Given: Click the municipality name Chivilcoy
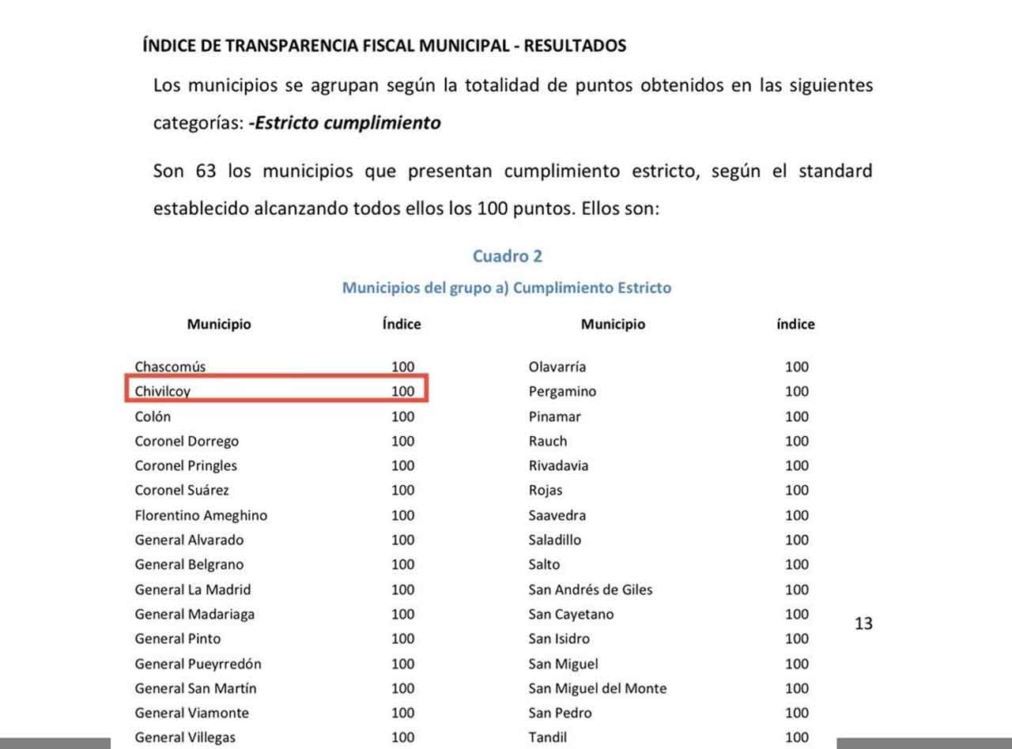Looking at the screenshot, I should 162,391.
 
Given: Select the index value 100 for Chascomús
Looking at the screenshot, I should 402,367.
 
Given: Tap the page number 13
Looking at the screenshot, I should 863,623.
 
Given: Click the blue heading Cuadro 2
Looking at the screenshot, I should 508,256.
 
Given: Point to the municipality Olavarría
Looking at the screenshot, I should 557,367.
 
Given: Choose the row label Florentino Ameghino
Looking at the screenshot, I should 201,515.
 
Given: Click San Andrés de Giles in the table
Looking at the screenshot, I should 591,589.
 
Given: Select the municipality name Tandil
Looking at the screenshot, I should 548,737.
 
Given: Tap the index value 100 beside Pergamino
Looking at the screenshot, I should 797,391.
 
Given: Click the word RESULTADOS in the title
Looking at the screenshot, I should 575,46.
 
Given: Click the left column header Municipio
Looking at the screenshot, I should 219,324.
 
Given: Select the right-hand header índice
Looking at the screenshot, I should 795,324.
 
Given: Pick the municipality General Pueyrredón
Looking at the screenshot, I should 198,664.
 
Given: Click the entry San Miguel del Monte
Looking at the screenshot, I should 598,688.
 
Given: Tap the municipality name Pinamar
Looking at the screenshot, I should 555,416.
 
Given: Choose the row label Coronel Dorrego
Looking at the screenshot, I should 187,441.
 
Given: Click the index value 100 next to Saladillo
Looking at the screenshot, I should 797,540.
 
